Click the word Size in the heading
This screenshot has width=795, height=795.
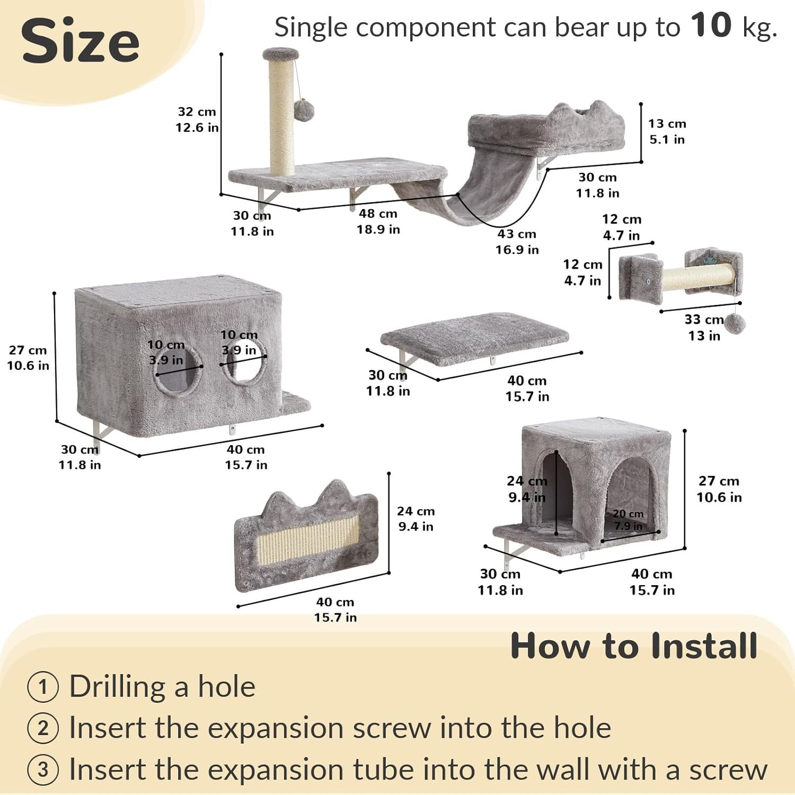(x=80, y=41)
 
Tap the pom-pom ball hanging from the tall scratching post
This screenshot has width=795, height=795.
(x=304, y=110)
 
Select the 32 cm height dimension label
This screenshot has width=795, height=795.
(x=197, y=112)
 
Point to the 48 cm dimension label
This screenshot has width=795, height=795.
(x=378, y=214)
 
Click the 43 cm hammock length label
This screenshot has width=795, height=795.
(x=517, y=234)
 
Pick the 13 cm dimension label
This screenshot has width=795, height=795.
(x=667, y=123)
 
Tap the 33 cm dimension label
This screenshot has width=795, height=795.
(x=704, y=320)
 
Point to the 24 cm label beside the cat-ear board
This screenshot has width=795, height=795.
(x=416, y=511)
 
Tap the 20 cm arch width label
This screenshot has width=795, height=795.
(x=628, y=514)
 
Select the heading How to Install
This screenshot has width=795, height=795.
(x=634, y=646)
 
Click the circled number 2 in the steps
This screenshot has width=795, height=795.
(x=43, y=728)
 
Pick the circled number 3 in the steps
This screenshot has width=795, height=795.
(x=43, y=770)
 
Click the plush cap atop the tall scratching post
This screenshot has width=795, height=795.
(x=281, y=54)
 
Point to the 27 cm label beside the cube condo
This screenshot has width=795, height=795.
(x=719, y=481)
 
